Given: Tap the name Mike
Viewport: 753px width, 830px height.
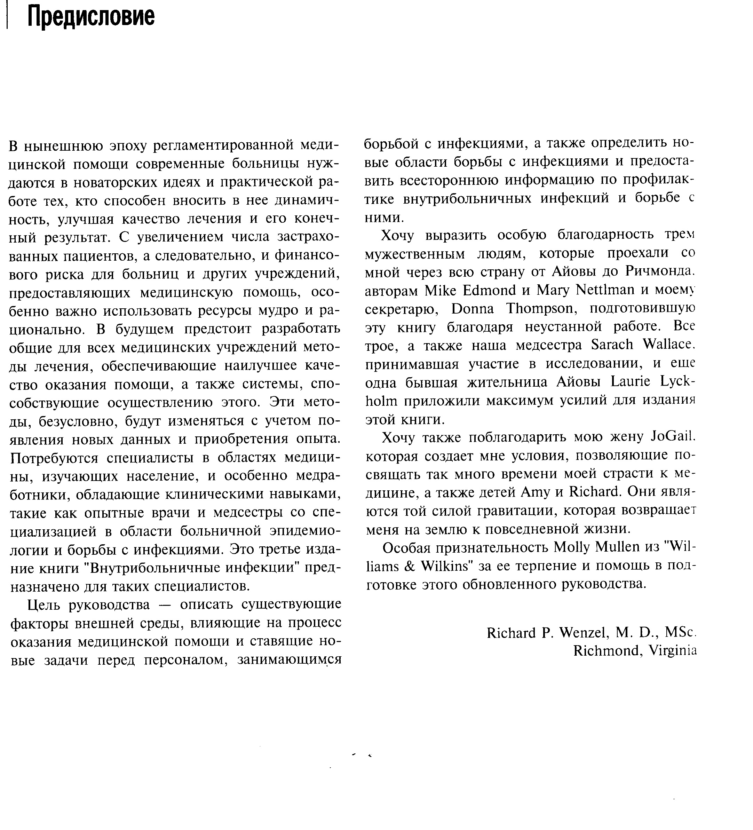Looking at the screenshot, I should [442, 290].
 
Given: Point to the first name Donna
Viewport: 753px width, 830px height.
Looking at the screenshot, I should [473, 308].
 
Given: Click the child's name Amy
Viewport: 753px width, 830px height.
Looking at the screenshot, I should [535, 492].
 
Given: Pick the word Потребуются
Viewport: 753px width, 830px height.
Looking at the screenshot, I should [54, 458].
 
